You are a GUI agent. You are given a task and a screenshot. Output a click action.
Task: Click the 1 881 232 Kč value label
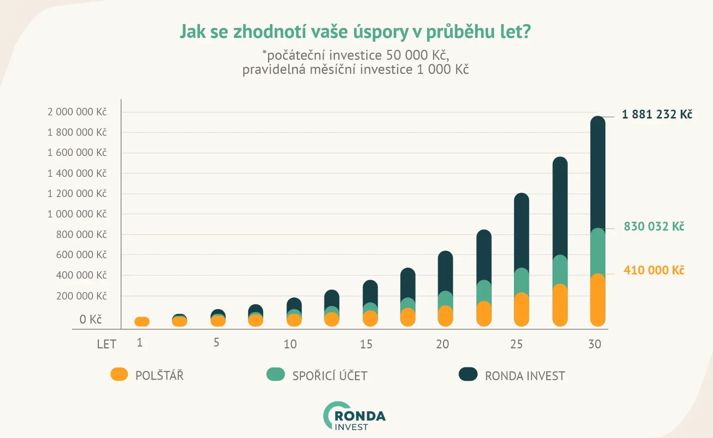point(657,114)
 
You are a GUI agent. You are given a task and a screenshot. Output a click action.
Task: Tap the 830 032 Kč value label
point(654,226)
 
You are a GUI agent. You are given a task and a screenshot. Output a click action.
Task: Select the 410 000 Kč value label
point(654,270)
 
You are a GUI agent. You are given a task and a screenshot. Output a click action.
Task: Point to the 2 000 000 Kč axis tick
point(77,112)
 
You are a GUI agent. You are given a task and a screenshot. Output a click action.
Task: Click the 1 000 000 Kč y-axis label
point(77,214)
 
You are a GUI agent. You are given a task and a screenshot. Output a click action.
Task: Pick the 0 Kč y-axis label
point(91,319)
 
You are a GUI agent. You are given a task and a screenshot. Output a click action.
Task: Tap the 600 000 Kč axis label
point(81,255)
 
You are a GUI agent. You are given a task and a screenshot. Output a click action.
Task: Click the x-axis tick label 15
point(366,344)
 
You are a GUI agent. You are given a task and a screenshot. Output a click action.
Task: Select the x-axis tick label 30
point(595,344)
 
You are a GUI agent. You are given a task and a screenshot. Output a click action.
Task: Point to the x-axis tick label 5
point(216,343)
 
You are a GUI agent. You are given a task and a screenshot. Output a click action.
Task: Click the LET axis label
point(106,344)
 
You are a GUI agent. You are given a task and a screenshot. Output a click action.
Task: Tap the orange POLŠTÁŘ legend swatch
point(119,374)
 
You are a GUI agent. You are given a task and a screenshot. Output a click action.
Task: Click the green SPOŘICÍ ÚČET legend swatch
point(275,374)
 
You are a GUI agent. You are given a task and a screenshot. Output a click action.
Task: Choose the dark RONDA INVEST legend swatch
point(468,374)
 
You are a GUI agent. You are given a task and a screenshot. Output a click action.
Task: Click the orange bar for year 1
point(142,321)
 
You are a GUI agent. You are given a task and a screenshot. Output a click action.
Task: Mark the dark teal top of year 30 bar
point(598,170)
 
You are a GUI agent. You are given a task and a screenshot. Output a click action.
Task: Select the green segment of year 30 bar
point(598,251)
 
